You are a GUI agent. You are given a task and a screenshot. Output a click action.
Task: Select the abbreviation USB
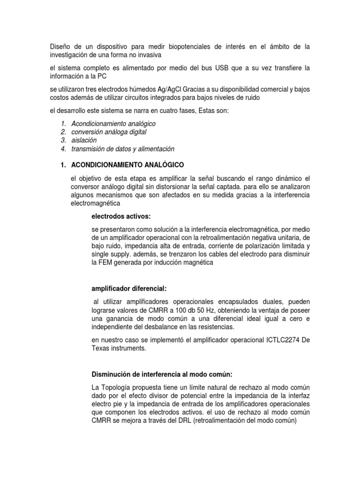pos(223,68)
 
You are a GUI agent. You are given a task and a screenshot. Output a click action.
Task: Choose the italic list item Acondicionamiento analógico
pos(113,124)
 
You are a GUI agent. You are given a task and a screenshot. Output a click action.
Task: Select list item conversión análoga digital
pos(109,132)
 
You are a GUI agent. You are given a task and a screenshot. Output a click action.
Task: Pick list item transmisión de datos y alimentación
pos(122,149)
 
